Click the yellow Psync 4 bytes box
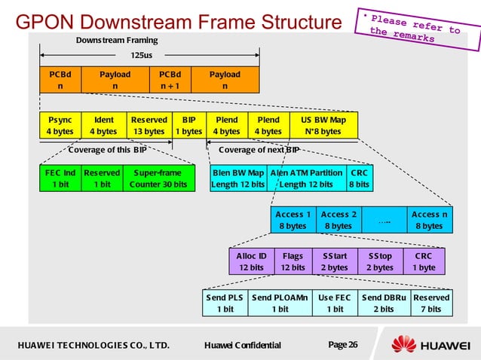60,125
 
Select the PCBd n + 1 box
170,80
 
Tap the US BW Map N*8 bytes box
323,125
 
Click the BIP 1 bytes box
188,125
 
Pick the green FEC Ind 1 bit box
60,178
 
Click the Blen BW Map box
238,178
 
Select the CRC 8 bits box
359,178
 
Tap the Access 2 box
338,219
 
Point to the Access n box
429,219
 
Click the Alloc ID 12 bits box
252,261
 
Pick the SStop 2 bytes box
380,261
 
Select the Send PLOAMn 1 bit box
280,303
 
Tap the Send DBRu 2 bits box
384,303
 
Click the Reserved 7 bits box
431,303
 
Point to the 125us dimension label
141,55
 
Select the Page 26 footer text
343,345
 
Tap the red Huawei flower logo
404,345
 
